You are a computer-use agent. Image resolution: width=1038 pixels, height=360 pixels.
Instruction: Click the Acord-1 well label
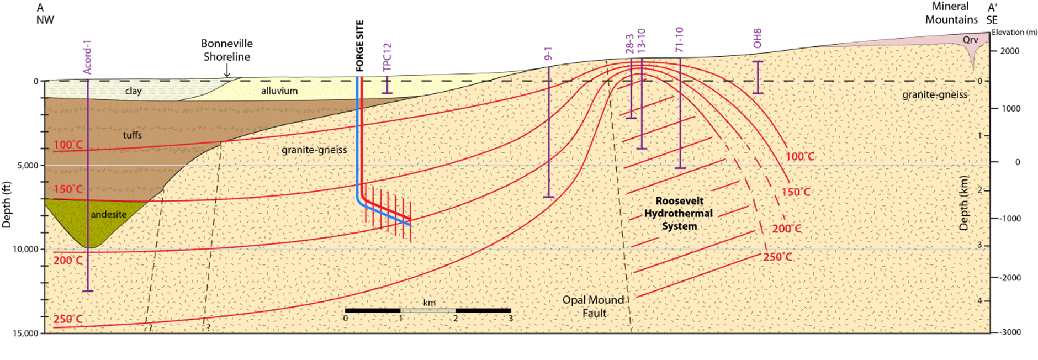click(x=87, y=57)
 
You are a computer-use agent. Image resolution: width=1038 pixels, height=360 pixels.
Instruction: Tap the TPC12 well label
click(x=387, y=57)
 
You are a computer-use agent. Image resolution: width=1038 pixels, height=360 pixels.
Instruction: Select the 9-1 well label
click(x=548, y=54)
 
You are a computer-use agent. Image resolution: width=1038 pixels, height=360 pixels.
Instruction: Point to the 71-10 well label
click(x=680, y=40)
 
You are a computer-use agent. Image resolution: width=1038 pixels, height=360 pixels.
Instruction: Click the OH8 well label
click(x=758, y=38)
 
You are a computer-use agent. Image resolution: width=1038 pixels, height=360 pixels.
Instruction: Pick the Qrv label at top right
click(x=970, y=40)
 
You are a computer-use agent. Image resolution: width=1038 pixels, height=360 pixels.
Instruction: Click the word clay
click(x=133, y=91)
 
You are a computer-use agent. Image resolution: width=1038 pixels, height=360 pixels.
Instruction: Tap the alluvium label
click(x=279, y=91)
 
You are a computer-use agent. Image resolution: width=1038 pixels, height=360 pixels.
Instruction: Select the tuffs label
click(x=133, y=135)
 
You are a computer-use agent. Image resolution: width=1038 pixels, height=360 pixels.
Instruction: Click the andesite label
click(x=109, y=214)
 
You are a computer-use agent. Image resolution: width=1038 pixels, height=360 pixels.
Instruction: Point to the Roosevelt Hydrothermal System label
click(x=679, y=213)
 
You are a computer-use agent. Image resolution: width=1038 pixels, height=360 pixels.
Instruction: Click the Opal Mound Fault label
click(x=594, y=306)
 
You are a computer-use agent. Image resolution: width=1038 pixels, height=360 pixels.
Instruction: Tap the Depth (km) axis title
click(x=963, y=203)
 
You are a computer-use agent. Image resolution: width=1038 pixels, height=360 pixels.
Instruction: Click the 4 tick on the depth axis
click(x=980, y=301)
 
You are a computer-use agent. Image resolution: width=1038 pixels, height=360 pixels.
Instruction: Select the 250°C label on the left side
click(x=68, y=319)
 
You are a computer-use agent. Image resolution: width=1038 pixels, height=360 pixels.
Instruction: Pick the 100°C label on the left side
click(x=68, y=145)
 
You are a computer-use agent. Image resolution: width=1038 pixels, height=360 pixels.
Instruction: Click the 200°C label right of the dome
click(x=786, y=229)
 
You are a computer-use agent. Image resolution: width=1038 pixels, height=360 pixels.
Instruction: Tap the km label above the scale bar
click(x=429, y=303)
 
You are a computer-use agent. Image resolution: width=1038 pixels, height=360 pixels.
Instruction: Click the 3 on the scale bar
click(x=510, y=319)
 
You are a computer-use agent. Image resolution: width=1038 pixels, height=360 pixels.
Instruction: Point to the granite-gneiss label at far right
click(x=935, y=94)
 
